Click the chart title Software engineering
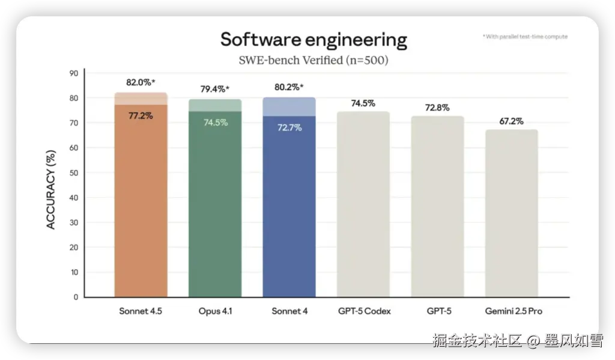(314, 40)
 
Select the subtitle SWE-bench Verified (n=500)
(314, 60)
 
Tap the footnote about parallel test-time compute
(525, 37)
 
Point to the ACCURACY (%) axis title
(52, 190)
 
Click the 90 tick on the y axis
(74, 73)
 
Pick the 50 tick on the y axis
(74, 172)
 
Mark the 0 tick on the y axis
(76, 297)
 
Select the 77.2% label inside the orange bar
(141, 115)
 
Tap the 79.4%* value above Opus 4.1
(214, 89)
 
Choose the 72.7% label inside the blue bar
(289, 128)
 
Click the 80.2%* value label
(289, 87)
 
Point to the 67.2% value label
(511, 121)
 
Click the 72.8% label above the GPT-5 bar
(437, 107)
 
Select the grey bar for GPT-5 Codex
(363, 204)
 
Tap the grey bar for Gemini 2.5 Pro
(511, 213)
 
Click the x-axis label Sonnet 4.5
(141, 311)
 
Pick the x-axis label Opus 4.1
(214, 311)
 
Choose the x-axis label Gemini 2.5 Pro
(511, 311)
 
